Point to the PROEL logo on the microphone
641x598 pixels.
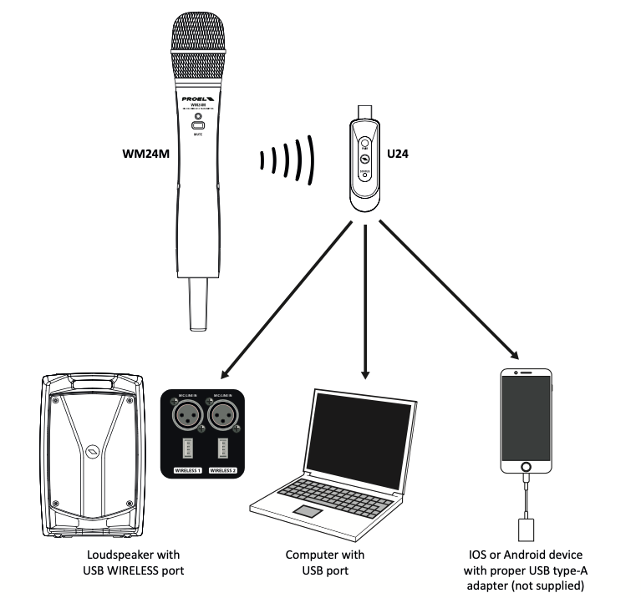[x=199, y=97]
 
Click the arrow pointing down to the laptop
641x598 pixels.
[x=364, y=301]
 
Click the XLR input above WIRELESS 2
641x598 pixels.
[x=223, y=414]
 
